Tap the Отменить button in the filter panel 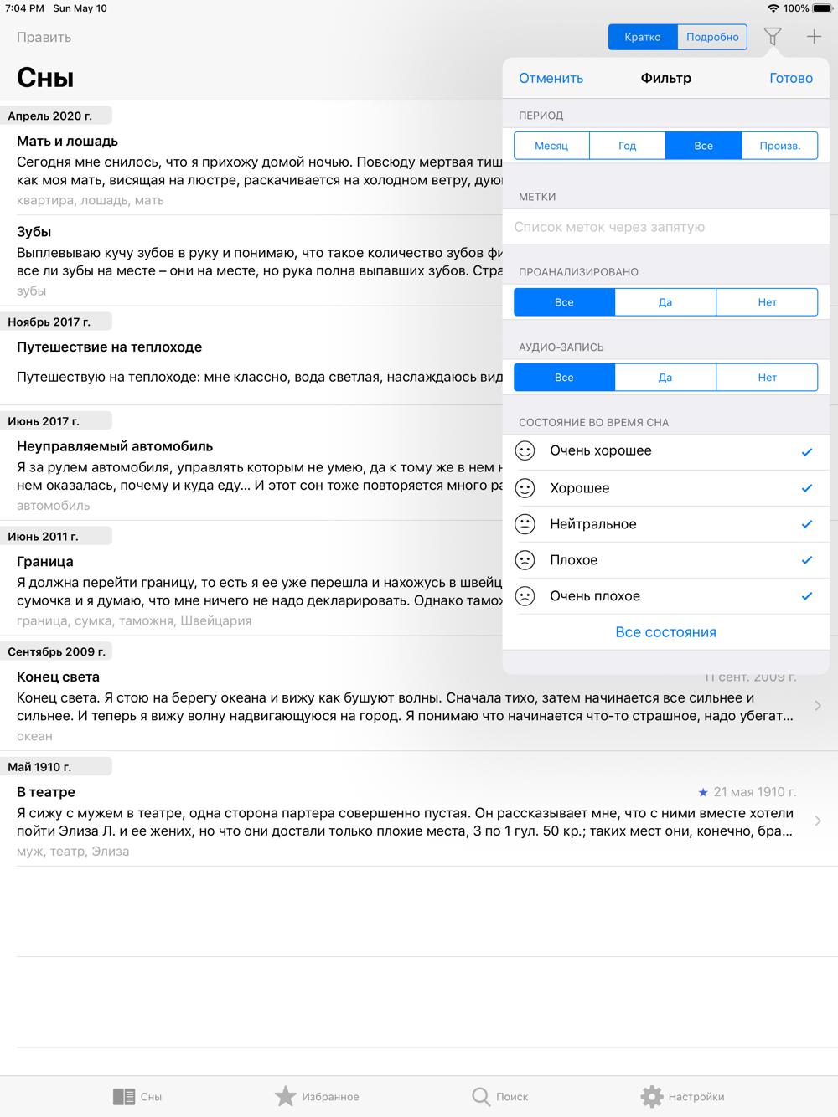click(x=551, y=78)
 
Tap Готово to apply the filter click(x=790, y=78)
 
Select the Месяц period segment click(x=551, y=146)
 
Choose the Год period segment click(x=627, y=146)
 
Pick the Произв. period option click(x=779, y=146)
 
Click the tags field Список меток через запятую click(x=666, y=227)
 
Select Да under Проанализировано click(x=665, y=302)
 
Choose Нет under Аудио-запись click(x=767, y=378)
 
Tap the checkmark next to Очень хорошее click(x=806, y=452)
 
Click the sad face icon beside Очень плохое click(x=525, y=596)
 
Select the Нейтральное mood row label click(x=593, y=524)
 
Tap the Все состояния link click(x=665, y=632)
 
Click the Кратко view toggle click(x=643, y=37)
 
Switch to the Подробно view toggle click(x=712, y=37)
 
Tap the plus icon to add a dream click(x=814, y=37)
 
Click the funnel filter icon click(x=773, y=37)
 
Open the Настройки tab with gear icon click(x=682, y=1096)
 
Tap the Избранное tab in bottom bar click(x=317, y=1096)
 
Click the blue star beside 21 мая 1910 click(x=703, y=792)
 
